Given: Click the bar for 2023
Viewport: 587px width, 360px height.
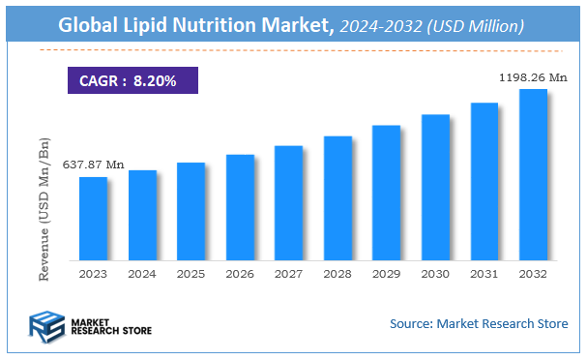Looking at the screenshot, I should click(x=93, y=218).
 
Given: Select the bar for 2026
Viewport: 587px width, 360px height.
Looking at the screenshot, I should click(x=240, y=206).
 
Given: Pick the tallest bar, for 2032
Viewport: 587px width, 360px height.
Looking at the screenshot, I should click(x=533, y=174).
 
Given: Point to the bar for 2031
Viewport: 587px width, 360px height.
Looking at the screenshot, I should click(x=484, y=181).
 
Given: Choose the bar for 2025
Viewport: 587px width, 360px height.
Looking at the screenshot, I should click(x=191, y=211).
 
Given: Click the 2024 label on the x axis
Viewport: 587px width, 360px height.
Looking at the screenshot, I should click(x=142, y=274).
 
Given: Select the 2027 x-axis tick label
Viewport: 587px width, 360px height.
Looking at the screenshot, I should click(x=288, y=274).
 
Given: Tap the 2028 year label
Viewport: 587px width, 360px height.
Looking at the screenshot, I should click(x=338, y=274).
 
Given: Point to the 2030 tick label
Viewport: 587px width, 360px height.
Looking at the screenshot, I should click(x=435, y=274).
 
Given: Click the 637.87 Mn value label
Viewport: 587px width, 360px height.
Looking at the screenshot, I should click(x=94, y=165).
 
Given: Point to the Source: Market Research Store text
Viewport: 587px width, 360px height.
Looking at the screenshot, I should click(x=479, y=323).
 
